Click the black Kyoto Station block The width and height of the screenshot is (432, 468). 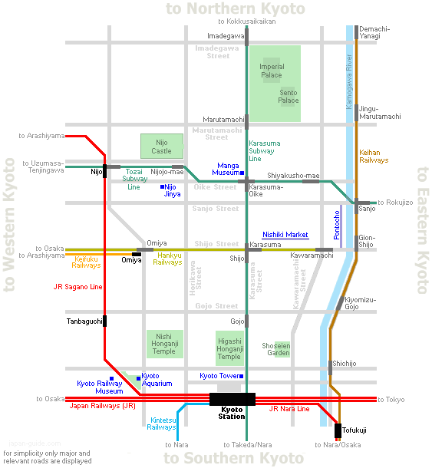click(x=232, y=399)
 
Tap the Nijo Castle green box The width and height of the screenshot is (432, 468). click(x=162, y=147)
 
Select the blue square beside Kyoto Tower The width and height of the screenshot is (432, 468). click(x=241, y=376)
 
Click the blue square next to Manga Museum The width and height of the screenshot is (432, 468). click(x=242, y=173)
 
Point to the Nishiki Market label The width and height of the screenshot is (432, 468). click(x=285, y=235)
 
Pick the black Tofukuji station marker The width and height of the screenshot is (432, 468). click(x=338, y=430)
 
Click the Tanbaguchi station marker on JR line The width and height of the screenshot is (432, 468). click(x=105, y=321)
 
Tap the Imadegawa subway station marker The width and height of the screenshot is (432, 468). click(x=246, y=37)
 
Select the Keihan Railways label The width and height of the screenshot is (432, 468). click(x=374, y=156)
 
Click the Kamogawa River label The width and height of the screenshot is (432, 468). click(x=349, y=81)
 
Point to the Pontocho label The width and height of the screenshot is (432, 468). click(x=337, y=225)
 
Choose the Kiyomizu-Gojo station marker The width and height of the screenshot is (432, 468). click(x=340, y=304)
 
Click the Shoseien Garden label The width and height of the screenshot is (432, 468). click(x=276, y=349)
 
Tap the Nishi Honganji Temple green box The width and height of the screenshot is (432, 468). click(x=165, y=344)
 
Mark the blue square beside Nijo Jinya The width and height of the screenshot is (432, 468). click(x=162, y=187)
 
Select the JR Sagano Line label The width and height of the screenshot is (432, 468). click(x=78, y=287)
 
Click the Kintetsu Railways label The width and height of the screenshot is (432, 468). click(x=161, y=424)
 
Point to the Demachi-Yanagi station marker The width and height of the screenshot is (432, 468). click(x=356, y=32)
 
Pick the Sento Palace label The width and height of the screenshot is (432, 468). click(x=289, y=97)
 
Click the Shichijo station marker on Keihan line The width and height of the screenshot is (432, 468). click(x=331, y=367)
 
